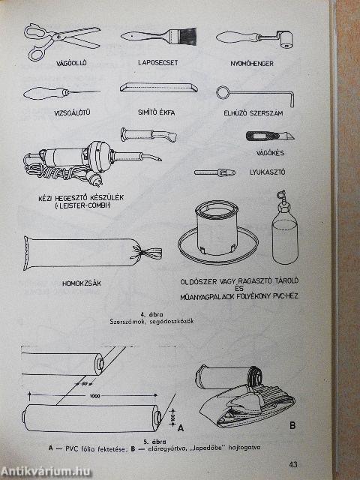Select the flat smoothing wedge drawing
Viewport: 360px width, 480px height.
[160, 88]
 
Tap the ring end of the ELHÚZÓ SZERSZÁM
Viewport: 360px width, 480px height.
[223, 92]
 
